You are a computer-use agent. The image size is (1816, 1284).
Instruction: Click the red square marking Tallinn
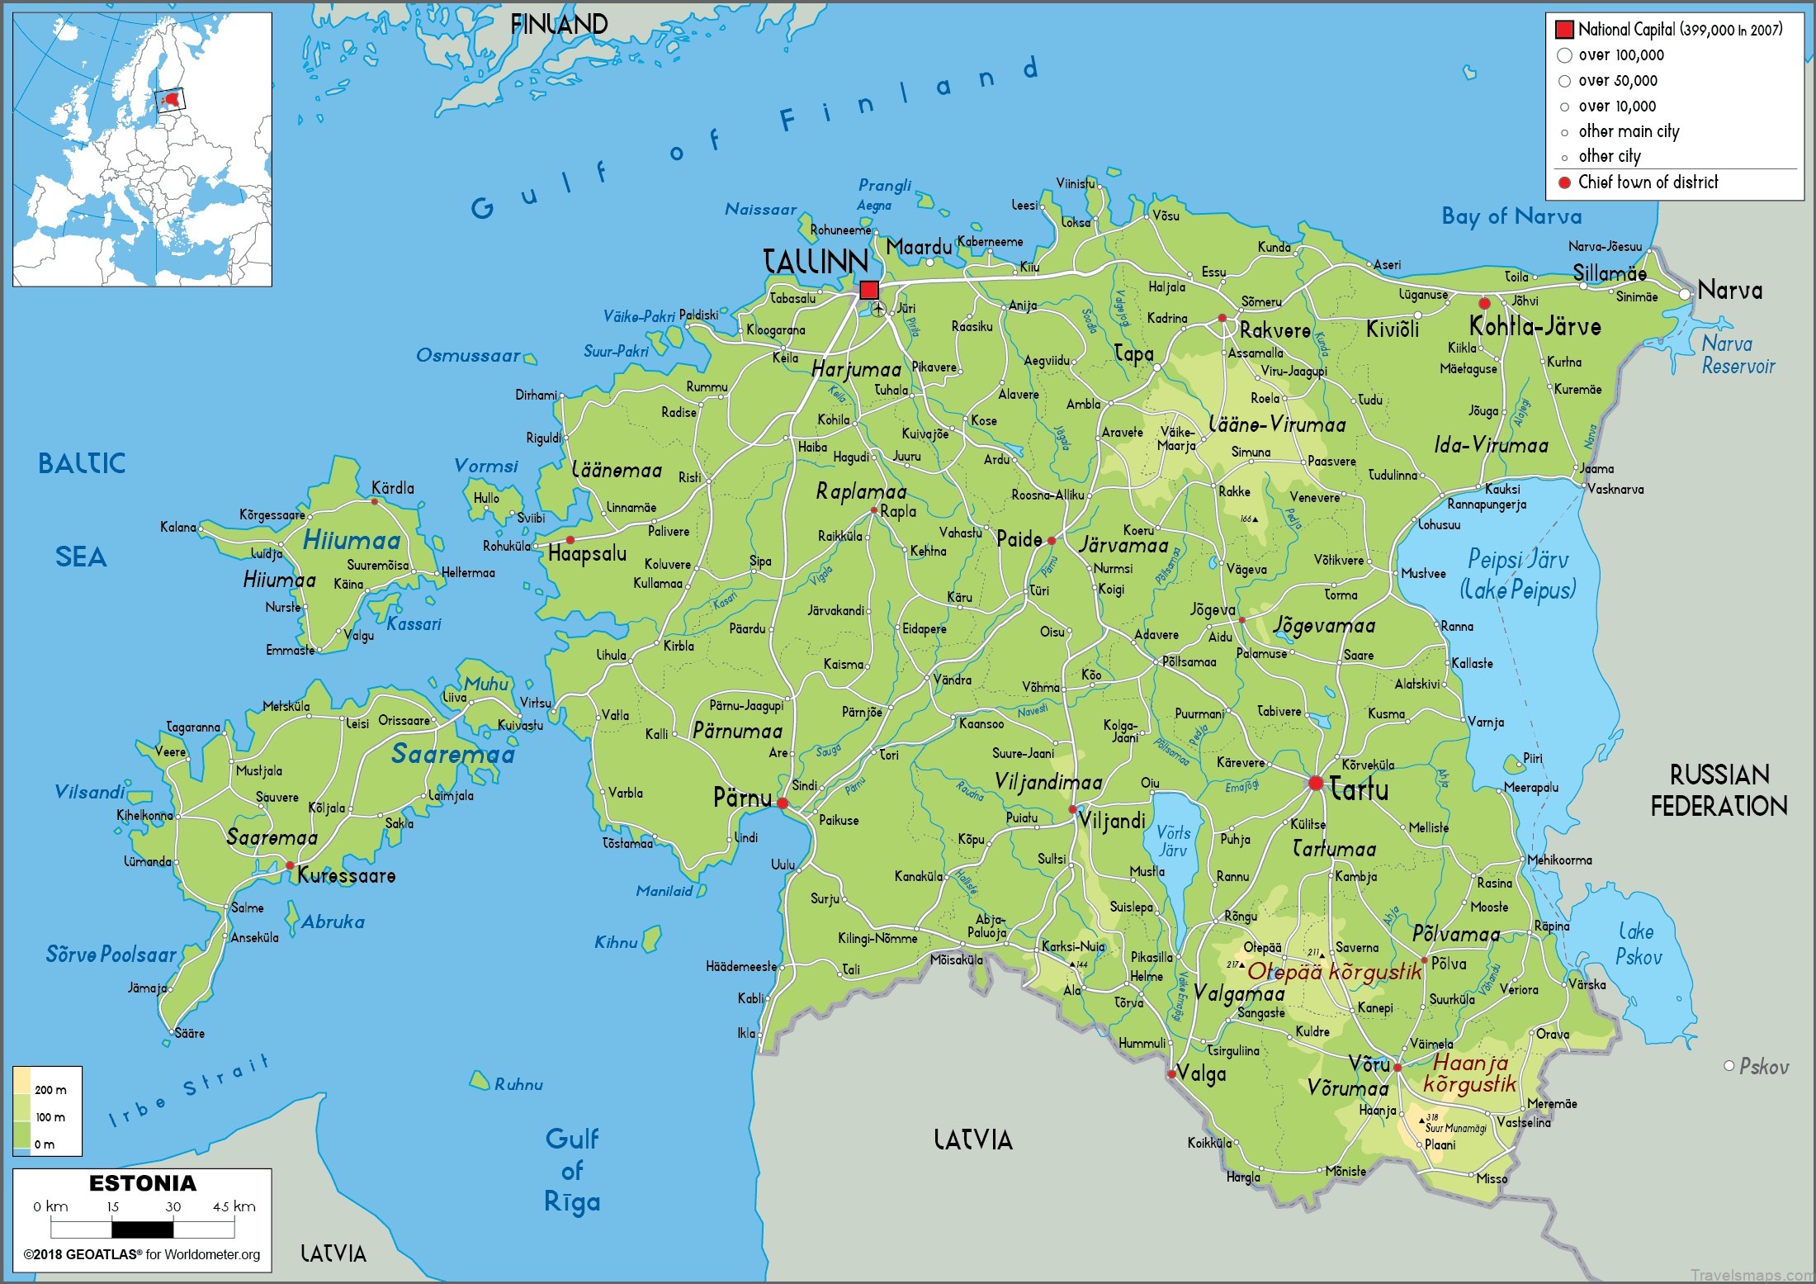coord(869,290)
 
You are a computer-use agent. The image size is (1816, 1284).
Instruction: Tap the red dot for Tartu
coord(1316,783)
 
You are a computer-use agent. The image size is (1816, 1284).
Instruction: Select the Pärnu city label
coord(742,798)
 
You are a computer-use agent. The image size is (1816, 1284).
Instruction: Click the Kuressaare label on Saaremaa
coord(346,875)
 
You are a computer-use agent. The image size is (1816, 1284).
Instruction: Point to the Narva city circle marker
coord(1686,294)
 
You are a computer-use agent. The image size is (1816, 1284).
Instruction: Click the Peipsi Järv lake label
coord(1518,573)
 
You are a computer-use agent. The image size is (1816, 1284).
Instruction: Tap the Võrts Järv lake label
coord(1173,841)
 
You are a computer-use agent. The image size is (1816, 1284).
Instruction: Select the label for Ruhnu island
coord(518,1084)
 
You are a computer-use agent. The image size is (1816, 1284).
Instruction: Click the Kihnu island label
coord(616,942)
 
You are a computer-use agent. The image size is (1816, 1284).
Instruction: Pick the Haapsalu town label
coord(587,553)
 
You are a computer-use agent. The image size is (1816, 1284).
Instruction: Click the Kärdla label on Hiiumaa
coord(393,488)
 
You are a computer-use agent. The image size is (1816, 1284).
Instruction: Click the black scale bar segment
coord(143,1229)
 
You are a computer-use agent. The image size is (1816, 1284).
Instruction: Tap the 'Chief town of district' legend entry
coord(1648,182)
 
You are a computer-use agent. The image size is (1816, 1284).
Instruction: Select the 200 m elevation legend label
coord(50,1090)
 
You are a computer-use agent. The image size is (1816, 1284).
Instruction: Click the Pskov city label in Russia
coord(1764,1067)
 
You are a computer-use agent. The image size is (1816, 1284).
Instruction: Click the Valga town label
coord(1201,1073)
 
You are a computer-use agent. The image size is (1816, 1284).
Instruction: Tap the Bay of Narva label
coord(1511,216)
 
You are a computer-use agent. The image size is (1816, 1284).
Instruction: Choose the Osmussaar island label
coord(468,356)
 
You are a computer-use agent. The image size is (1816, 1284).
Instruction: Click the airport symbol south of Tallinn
coord(878,310)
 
